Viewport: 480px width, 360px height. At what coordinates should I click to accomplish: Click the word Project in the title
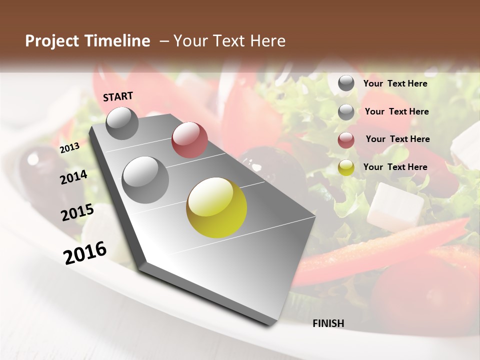click(x=52, y=41)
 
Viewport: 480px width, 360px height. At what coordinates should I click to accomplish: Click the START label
click(x=118, y=96)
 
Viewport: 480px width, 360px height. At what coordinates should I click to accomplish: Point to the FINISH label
click(x=328, y=323)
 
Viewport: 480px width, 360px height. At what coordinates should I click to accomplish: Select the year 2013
click(x=69, y=147)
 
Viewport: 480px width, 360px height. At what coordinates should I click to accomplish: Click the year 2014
click(x=73, y=177)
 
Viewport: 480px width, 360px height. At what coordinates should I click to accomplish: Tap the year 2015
click(x=77, y=212)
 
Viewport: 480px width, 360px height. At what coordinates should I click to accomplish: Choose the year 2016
click(x=85, y=252)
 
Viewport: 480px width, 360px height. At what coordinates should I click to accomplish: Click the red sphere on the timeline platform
click(x=189, y=140)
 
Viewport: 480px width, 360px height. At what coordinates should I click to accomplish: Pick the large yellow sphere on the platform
click(x=216, y=207)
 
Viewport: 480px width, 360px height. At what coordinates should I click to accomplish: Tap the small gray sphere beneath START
click(x=122, y=123)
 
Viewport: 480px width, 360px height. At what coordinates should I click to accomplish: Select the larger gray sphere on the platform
click(x=145, y=179)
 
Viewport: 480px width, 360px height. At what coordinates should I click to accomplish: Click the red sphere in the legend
click(x=346, y=140)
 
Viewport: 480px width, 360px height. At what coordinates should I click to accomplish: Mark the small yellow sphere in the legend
click(x=346, y=167)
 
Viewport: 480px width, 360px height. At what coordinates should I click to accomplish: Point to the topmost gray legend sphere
click(x=346, y=83)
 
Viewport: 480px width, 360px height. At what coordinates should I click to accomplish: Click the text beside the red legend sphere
click(x=397, y=139)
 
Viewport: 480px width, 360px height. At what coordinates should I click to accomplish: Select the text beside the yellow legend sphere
click(x=395, y=167)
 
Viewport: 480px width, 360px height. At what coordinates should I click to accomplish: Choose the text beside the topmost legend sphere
click(x=395, y=83)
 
